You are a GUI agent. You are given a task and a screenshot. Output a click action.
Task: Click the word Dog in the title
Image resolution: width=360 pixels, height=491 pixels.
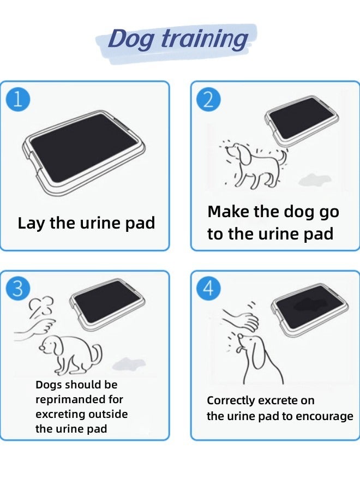(x=131, y=39)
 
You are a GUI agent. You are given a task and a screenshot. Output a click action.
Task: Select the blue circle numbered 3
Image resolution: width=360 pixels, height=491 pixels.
(x=17, y=289)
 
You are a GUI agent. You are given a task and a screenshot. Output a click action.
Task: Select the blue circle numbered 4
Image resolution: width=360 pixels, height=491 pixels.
(x=208, y=289)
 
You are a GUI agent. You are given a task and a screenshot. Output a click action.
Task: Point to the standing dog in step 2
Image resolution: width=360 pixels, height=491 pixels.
(x=254, y=164)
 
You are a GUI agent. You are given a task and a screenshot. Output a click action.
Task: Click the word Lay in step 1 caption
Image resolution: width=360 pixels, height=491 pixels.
(x=32, y=223)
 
